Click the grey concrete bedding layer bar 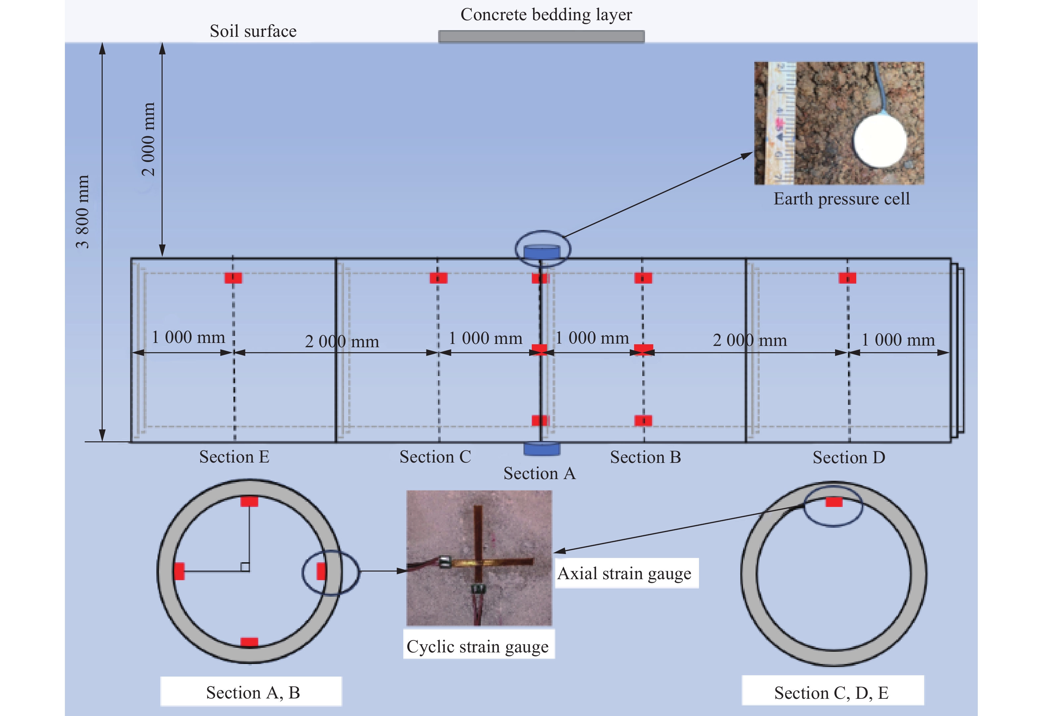(x=541, y=36)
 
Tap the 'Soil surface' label (x=253, y=31)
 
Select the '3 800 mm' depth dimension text (x=82, y=212)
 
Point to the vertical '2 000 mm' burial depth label (x=148, y=139)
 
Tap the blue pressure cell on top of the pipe (x=542, y=252)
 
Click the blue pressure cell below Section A (x=542, y=449)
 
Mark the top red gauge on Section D (x=847, y=278)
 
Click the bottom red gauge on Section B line (x=643, y=420)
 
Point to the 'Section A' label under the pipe (x=539, y=473)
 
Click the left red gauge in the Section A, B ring (x=179, y=571)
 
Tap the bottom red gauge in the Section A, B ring (x=249, y=642)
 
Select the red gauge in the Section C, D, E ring (x=834, y=502)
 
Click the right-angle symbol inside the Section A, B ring (x=245, y=567)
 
